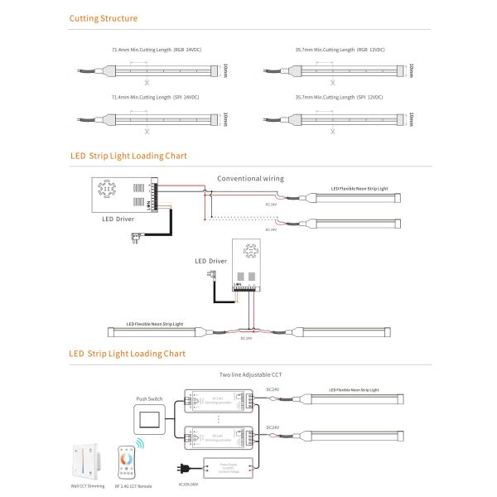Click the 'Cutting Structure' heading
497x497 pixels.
tap(104, 18)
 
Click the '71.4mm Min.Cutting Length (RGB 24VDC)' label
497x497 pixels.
tap(157, 51)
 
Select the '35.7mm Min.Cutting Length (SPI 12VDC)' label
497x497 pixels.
tap(339, 98)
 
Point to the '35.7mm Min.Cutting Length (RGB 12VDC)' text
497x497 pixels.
tap(340, 51)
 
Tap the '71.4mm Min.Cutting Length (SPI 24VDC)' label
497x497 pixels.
tap(157, 98)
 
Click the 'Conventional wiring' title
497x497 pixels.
tap(250, 178)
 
